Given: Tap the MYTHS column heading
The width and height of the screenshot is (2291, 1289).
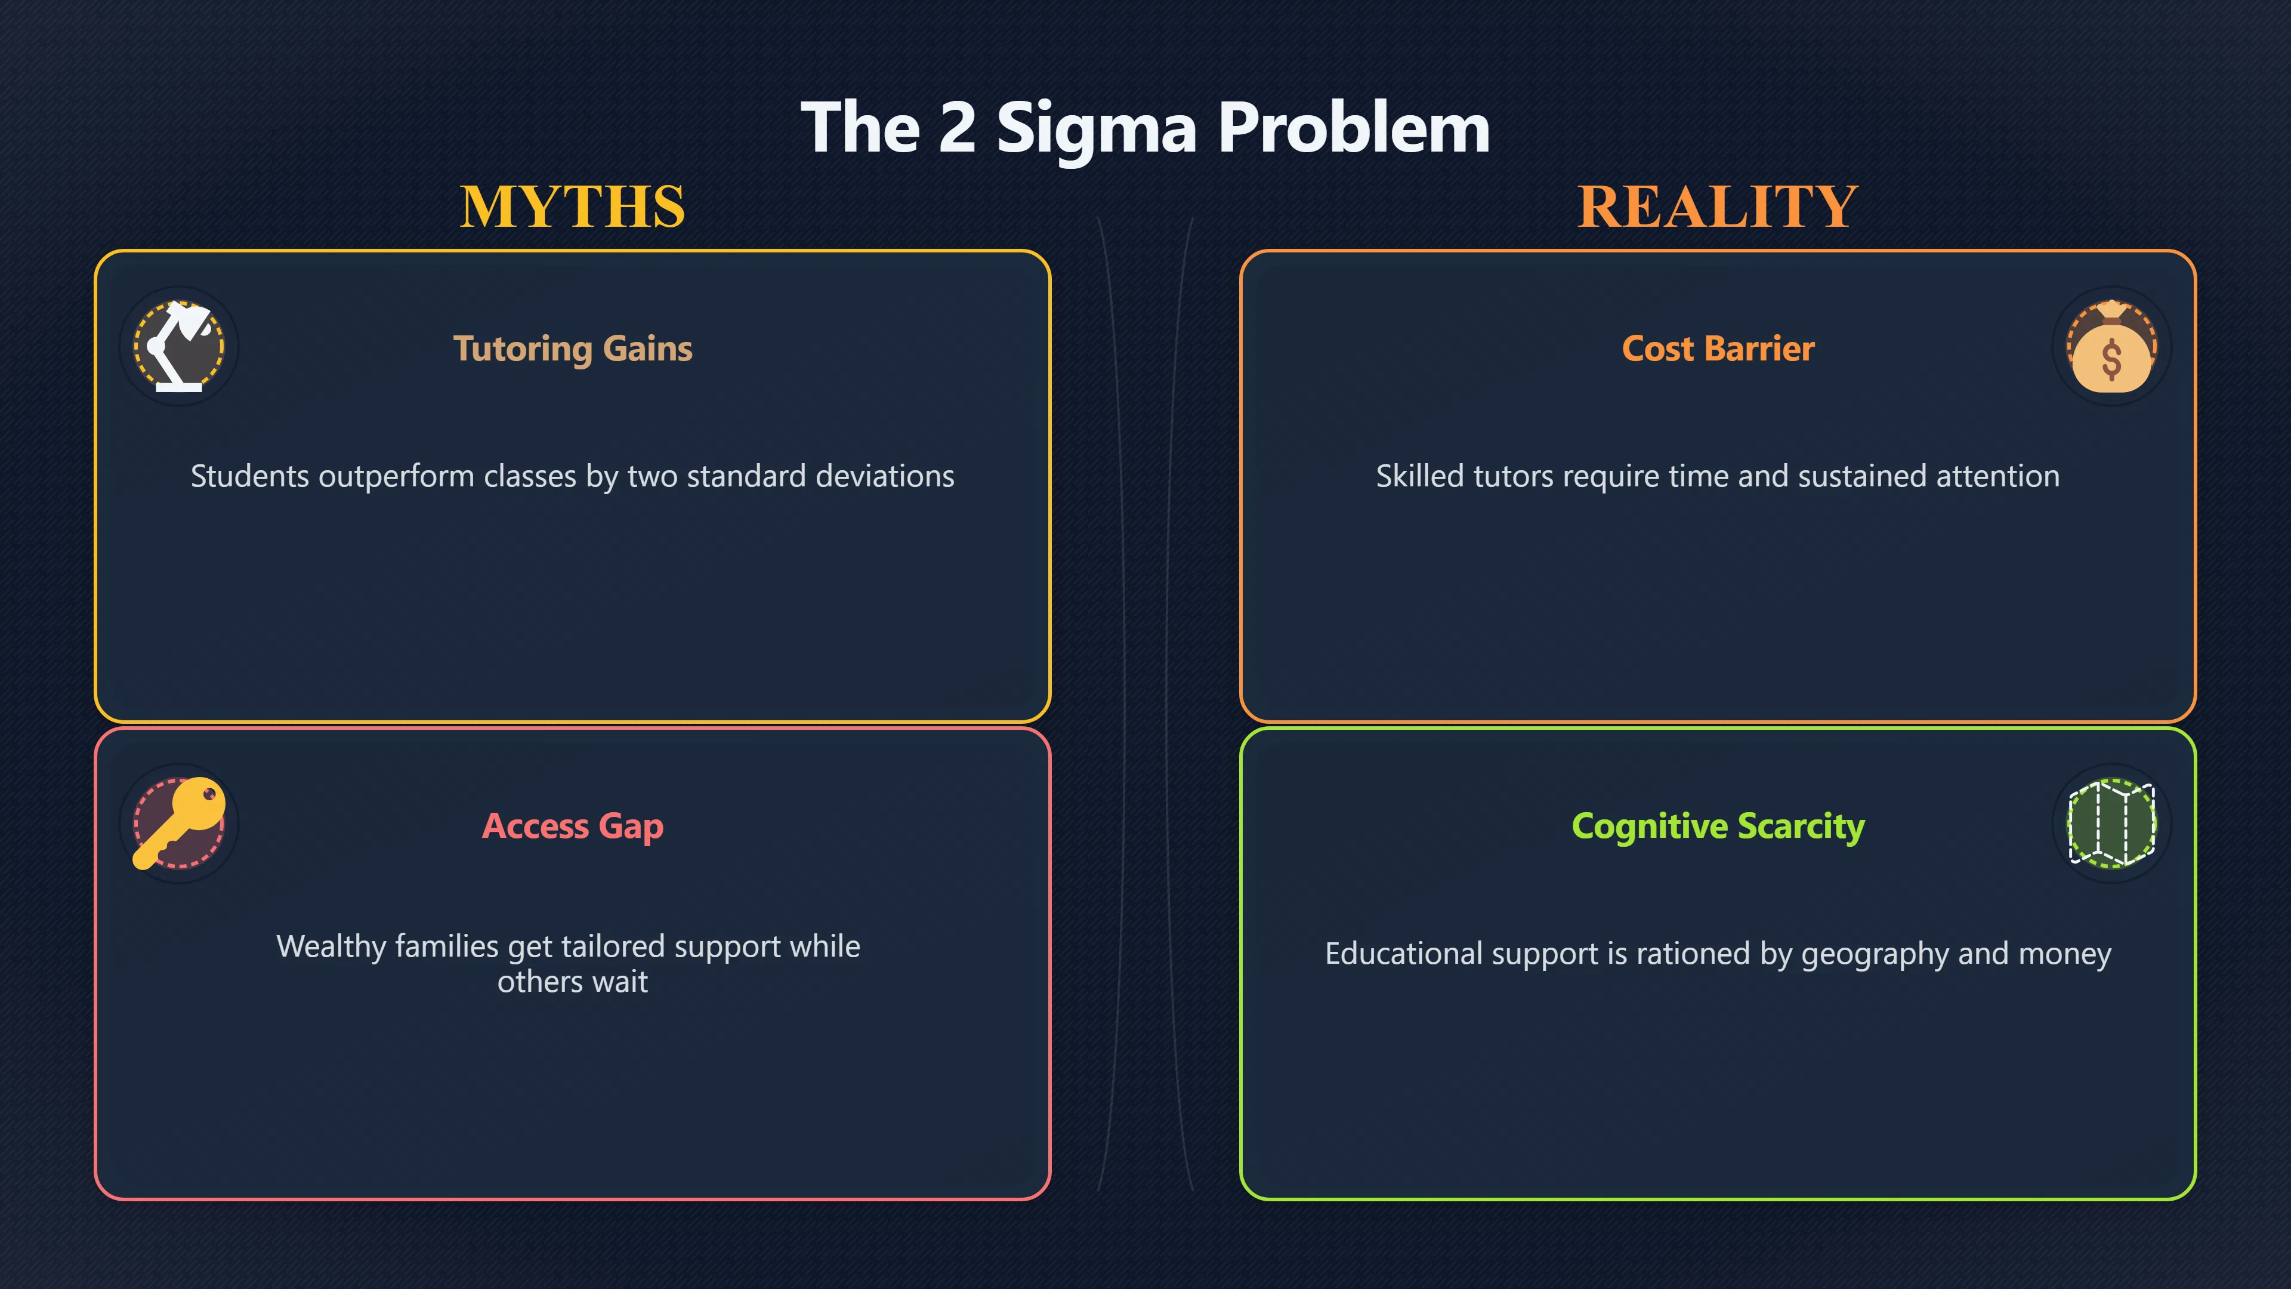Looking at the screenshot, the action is [573, 206].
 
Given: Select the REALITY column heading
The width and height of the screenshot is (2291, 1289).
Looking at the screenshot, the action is [1718, 206].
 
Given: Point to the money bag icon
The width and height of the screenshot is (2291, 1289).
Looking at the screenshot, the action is [2111, 347].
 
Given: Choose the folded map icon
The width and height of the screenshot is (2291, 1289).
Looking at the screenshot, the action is [2111, 823].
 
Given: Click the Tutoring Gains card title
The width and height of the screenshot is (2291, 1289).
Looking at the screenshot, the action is [573, 349].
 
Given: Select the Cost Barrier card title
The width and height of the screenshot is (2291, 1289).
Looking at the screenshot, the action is [1718, 349].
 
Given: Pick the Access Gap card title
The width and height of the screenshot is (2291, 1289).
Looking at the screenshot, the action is [573, 827].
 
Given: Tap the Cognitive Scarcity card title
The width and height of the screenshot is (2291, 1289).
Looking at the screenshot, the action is [1718, 827].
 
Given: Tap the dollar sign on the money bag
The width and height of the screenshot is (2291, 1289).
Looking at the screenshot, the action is [2111, 360].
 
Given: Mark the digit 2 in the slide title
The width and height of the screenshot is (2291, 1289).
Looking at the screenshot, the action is [957, 128].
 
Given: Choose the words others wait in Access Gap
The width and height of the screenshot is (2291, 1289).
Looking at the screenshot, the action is [573, 982].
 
